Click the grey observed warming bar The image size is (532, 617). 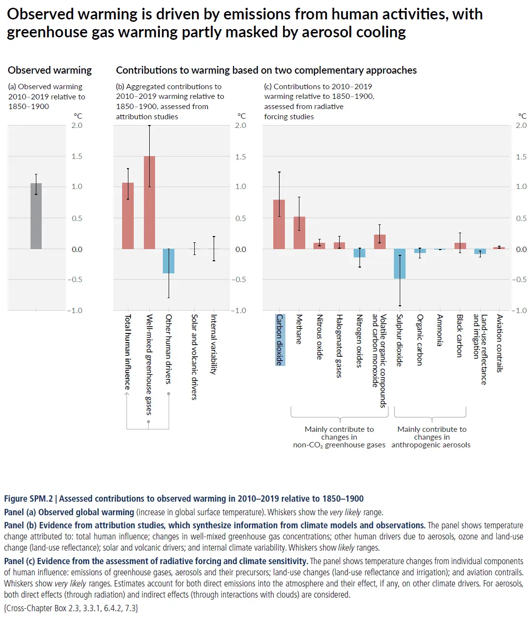(x=36, y=216)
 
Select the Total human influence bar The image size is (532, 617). (x=128, y=216)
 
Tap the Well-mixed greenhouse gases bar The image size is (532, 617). (x=149, y=203)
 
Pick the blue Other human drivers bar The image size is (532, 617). (x=169, y=261)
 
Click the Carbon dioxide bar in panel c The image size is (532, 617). (x=279, y=224)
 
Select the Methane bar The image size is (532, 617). (x=299, y=233)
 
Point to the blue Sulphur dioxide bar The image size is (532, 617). (x=400, y=264)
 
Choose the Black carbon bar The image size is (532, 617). (x=460, y=246)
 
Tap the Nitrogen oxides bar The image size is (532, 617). (x=360, y=253)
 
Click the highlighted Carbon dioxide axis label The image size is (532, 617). (x=280, y=340)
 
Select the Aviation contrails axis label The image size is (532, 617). (x=500, y=343)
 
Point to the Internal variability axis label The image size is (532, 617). (x=214, y=344)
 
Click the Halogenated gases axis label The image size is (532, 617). (x=340, y=346)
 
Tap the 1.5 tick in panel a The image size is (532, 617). (x=77, y=157)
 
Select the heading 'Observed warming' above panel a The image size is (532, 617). (x=49, y=70)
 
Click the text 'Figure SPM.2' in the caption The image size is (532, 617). (x=28, y=499)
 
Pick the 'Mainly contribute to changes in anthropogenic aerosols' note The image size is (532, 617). (x=431, y=437)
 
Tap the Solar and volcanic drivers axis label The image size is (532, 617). (x=194, y=357)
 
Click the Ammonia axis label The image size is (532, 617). (x=440, y=330)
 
